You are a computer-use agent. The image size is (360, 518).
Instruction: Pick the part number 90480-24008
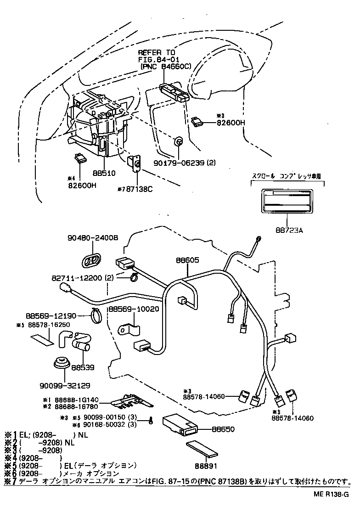92,238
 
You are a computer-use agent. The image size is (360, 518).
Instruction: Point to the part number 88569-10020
134,309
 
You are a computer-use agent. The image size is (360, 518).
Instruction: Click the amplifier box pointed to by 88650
181,424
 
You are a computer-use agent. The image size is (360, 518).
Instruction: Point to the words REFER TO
156,53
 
